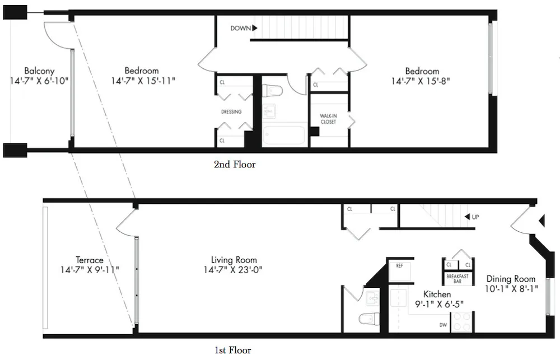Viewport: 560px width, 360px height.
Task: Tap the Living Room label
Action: point(234,260)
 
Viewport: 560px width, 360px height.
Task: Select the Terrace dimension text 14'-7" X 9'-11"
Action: point(90,270)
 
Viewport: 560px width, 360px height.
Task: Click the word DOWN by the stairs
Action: point(240,27)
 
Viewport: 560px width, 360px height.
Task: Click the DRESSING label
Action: point(231,111)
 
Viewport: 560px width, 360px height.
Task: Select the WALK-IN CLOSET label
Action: point(328,119)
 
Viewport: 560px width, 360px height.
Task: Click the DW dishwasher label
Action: point(443,324)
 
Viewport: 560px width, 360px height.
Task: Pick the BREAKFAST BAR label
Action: point(458,278)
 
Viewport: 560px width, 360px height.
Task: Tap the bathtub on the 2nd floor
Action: point(284,135)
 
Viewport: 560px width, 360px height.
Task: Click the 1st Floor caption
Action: point(232,350)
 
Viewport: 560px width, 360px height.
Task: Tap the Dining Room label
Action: point(511,279)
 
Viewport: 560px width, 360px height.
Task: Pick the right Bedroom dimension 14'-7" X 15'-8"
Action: point(422,81)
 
